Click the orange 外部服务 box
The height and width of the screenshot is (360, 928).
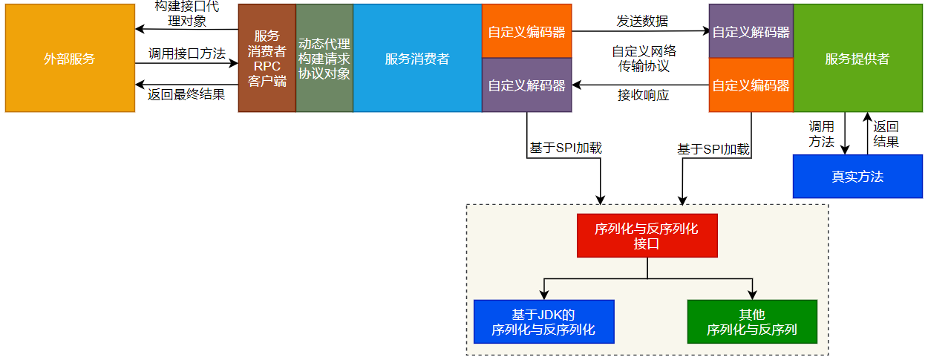click(x=70, y=59)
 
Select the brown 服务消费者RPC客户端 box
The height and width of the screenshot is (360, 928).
click(x=267, y=59)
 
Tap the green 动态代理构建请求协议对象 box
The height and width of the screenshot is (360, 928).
click(x=324, y=59)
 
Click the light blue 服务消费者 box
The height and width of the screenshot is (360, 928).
click(x=417, y=59)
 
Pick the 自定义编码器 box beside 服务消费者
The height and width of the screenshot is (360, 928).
click(x=526, y=32)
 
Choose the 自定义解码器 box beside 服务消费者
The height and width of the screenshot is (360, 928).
click(x=526, y=85)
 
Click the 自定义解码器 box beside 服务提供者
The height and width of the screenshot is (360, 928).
click(x=751, y=32)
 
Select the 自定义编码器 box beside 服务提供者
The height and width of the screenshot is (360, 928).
click(x=751, y=85)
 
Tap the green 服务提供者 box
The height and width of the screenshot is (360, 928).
click(x=857, y=59)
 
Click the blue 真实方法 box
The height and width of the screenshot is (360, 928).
click(x=857, y=177)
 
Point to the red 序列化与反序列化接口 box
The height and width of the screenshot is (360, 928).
click(x=647, y=235)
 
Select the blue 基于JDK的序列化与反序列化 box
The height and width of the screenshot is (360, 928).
click(x=543, y=321)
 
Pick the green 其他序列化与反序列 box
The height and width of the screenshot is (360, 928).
click(x=752, y=321)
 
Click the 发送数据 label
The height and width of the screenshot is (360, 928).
click(x=642, y=21)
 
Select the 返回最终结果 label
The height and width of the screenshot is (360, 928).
click(x=186, y=94)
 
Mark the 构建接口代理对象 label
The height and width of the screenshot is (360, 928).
click(x=186, y=13)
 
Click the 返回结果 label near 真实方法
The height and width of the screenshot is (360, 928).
click(x=886, y=134)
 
